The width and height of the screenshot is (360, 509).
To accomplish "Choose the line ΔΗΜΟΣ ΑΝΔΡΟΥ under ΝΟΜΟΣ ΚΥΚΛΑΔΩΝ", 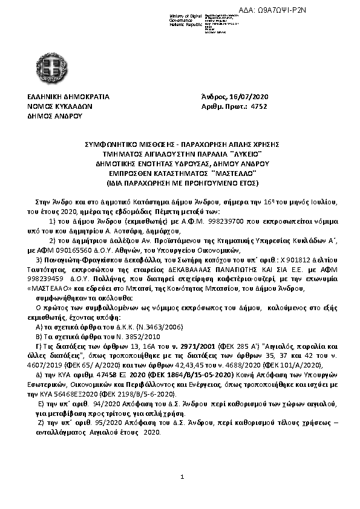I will [55, 114].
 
